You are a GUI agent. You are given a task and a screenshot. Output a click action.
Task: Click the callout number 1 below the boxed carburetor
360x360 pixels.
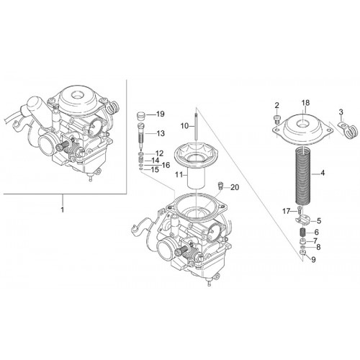click(x=63, y=210)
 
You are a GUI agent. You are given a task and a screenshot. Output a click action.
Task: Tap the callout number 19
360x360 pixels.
click(x=161, y=114)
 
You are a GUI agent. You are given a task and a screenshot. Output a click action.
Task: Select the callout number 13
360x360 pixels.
click(x=161, y=133)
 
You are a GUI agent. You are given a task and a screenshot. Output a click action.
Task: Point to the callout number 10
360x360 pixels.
click(x=185, y=126)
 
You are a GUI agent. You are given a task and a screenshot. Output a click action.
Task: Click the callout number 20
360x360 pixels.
click(x=235, y=187)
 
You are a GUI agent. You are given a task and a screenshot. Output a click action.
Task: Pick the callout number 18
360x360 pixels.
click(x=305, y=103)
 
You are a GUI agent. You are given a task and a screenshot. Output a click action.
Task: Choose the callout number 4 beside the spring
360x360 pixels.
click(x=323, y=173)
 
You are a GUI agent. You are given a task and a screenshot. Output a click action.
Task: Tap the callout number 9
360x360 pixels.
click(x=313, y=260)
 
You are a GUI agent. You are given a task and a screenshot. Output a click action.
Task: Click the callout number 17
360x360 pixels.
click(x=287, y=212)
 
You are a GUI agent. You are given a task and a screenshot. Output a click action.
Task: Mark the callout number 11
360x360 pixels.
click(x=179, y=174)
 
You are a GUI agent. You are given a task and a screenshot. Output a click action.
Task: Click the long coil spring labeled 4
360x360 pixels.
click(x=304, y=176)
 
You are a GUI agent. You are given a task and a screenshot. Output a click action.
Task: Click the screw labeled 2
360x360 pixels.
click(x=277, y=120)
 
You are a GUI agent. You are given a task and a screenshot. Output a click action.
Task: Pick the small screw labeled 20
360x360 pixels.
click(x=220, y=186)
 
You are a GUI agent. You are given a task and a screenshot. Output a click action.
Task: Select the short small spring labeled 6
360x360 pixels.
click(x=302, y=232)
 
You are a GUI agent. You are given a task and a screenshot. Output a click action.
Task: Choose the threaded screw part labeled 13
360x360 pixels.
click(x=141, y=135)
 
